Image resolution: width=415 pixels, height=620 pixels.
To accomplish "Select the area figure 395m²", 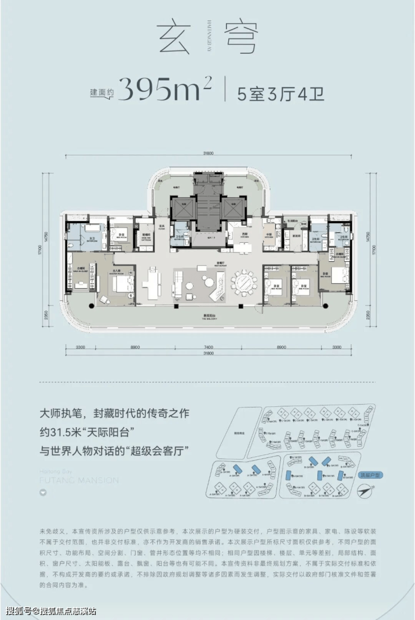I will point(166,88).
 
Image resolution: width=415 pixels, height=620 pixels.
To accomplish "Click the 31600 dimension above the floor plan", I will point(208,156).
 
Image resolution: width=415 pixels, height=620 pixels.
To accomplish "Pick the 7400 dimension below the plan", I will point(208,348).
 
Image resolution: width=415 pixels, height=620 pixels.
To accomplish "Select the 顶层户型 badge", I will point(369,474).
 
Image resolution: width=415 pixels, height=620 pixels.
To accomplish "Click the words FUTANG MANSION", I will point(79,480).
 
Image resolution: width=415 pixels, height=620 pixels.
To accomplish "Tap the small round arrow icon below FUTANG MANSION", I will point(43,493).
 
